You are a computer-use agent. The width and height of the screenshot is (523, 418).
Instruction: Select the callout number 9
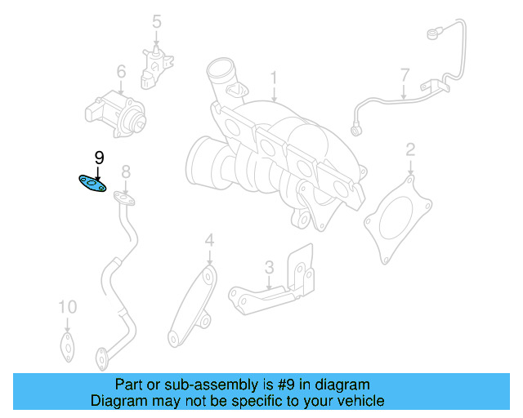tap(99, 158)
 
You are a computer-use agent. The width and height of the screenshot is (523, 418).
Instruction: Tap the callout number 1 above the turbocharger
tap(275, 79)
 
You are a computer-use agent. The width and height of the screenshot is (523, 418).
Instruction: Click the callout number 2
tap(410, 149)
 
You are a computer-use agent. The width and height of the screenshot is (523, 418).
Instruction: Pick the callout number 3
tap(268, 267)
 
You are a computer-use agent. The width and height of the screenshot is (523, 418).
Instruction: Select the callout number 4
tap(209, 240)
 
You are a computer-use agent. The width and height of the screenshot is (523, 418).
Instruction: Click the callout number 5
tap(157, 22)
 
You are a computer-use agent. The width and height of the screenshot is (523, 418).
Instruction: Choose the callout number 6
tap(121, 72)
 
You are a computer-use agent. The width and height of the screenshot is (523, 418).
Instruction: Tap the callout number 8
tap(126, 171)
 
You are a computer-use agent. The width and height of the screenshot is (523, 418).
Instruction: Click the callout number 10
tap(67, 307)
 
